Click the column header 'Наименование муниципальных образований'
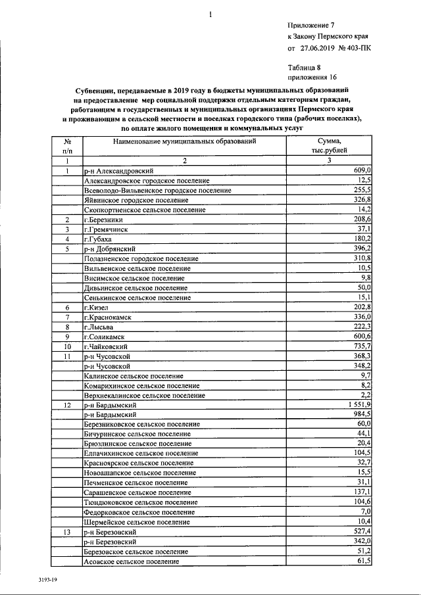point(184,141)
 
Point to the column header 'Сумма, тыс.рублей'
point(329,145)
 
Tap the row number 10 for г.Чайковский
point(67,346)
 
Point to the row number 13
point(67,531)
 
